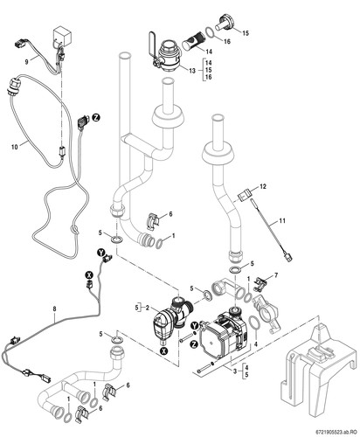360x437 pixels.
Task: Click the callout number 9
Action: pyautogui.click(x=26, y=62)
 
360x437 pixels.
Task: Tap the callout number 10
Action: pyautogui.click(x=15, y=147)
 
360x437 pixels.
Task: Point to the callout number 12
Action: pyautogui.click(x=263, y=186)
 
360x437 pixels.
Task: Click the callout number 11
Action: pyautogui.click(x=282, y=221)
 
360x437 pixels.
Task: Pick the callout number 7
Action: pyautogui.click(x=276, y=275)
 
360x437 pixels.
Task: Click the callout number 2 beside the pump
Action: pyautogui.click(x=148, y=308)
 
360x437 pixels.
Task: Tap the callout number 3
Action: pyautogui.click(x=235, y=371)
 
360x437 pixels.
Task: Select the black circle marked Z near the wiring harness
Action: pyautogui.click(x=96, y=117)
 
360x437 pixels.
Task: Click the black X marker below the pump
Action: pyautogui.click(x=165, y=351)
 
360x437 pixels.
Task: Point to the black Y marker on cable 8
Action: pyautogui.click(x=100, y=253)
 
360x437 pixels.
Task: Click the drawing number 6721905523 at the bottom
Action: pyautogui.click(x=327, y=430)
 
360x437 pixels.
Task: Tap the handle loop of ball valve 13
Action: pyautogui.click(x=152, y=43)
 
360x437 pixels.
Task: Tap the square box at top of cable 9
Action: pyautogui.click(x=62, y=37)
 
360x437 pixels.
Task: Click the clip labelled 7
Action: pyautogui.click(x=260, y=284)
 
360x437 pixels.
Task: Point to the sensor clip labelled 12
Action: pyautogui.click(x=244, y=194)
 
